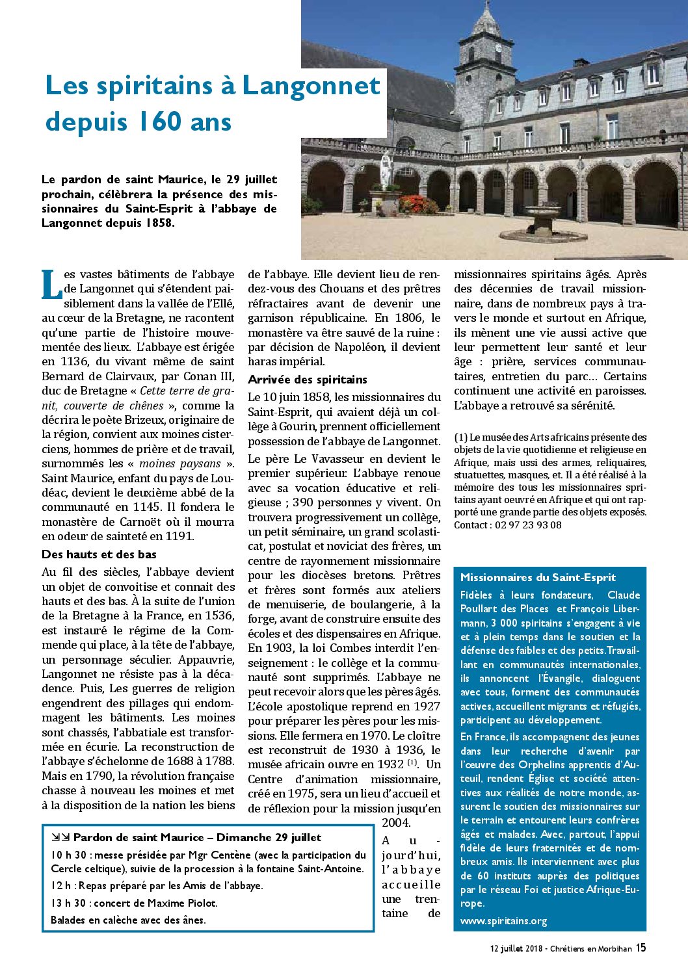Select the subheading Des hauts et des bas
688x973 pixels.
pos(99,554)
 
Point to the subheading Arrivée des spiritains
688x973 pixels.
pos(307,380)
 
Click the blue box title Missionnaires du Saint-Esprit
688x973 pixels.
pos(538,577)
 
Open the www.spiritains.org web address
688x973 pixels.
pos(503,920)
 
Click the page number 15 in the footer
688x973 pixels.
pos(641,948)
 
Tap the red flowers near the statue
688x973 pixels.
pos(418,205)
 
